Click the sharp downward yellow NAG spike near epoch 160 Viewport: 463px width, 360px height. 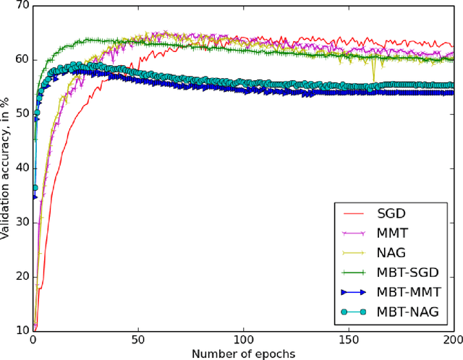click(373, 80)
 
